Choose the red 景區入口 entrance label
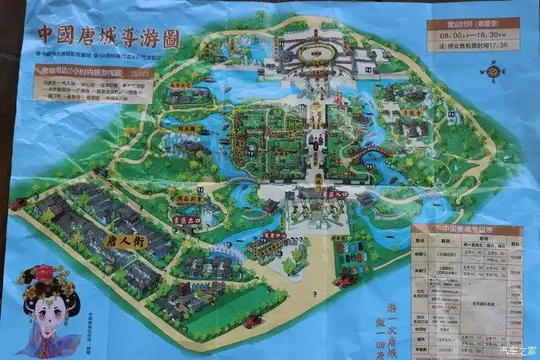[337, 196]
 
